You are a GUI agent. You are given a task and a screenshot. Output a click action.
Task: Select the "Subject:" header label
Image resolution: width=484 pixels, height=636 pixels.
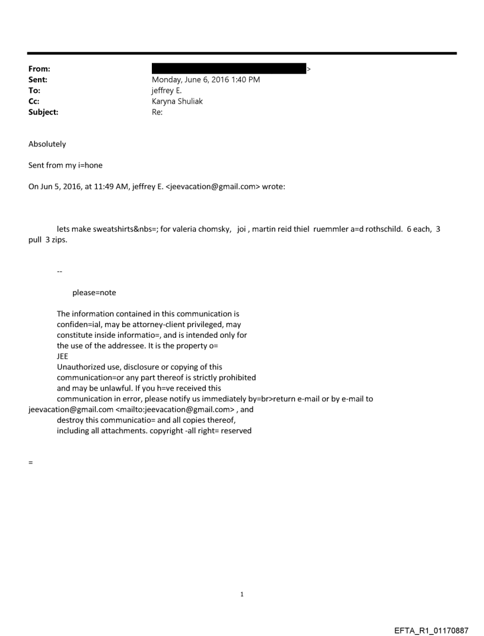(43, 111)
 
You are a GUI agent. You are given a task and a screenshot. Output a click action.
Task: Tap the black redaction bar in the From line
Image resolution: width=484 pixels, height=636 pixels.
(228, 69)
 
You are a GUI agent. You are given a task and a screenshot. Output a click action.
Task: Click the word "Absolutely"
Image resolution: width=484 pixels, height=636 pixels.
(47, 144)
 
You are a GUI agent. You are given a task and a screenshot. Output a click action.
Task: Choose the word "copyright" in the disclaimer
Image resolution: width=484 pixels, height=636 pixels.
(160, 430)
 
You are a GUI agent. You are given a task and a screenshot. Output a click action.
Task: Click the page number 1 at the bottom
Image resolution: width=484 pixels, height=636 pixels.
(242, 595)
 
